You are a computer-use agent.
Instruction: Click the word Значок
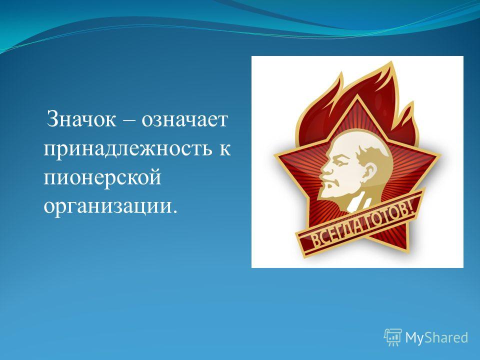click(81, 119)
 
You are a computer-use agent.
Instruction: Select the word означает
click(184, 119)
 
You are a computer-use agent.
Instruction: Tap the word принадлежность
click(127, 149)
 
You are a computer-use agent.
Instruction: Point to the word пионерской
click(102, 178)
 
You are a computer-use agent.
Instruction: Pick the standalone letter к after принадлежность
click(225, 149)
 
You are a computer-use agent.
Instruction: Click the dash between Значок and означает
click(129, 120)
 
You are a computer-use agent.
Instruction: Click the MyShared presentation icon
click(393, 337)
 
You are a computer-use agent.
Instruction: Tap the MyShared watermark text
click(437, 338)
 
